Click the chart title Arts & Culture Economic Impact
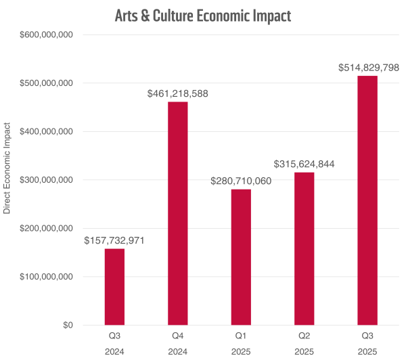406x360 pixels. tap(204, 14)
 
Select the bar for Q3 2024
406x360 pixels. tap(114, 287)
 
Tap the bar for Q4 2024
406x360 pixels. tap(178, 213)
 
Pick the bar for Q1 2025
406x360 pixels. tap(241, 257)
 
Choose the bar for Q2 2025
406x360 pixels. tap(304, 248)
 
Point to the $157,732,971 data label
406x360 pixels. tap(114, 240)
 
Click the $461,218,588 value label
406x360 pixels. tap(178, 93)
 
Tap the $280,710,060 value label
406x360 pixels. tap(241, 181)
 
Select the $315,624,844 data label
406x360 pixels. tap(304, 164)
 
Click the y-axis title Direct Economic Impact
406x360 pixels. tap(7, 168)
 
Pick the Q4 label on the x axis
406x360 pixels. tap(178, 335)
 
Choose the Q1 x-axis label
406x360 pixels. tap(241, 335)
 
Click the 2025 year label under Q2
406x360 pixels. tap(304, 351)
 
